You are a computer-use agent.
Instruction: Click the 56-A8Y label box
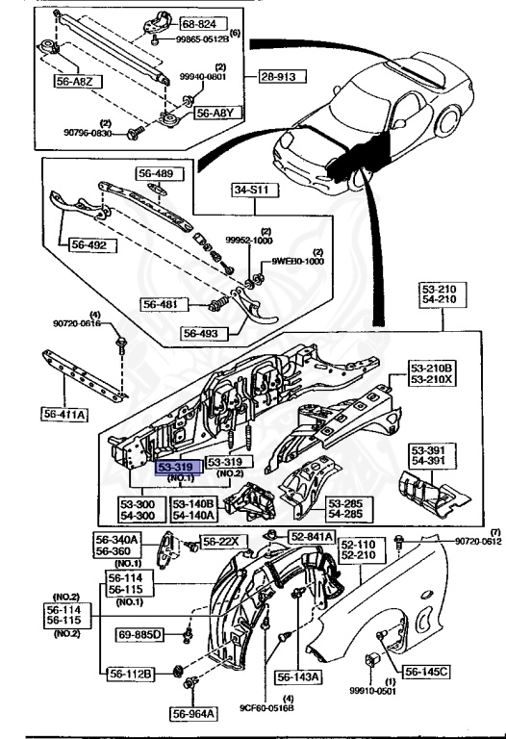(214, 113)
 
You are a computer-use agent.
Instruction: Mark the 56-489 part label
(156, 175)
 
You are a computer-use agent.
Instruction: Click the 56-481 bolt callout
(164, 304)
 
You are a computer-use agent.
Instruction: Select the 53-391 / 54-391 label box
(431, 455)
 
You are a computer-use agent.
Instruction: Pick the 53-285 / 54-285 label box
(348, 509)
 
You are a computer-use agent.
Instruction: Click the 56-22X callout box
(219, 541)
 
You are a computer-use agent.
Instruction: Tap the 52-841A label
(313, 537)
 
